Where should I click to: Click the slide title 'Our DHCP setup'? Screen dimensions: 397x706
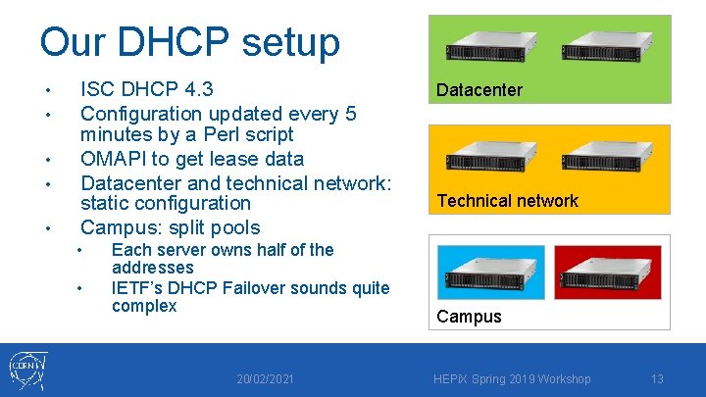[x=189, y=42]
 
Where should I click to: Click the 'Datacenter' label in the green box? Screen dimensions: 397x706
[x=479, y=90]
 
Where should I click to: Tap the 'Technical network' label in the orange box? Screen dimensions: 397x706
[x=507, y=201]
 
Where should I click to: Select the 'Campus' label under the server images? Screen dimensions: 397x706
[x=469, y=317]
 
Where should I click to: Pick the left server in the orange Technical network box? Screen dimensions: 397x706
[x=490, y=158]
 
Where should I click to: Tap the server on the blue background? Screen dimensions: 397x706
[x=489, y=273]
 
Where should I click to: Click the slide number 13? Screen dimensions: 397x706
[x=657, y=379]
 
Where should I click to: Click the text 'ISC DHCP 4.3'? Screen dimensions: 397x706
[x=146, y=90]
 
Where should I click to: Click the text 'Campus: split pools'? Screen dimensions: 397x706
[x=170, y=227]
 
